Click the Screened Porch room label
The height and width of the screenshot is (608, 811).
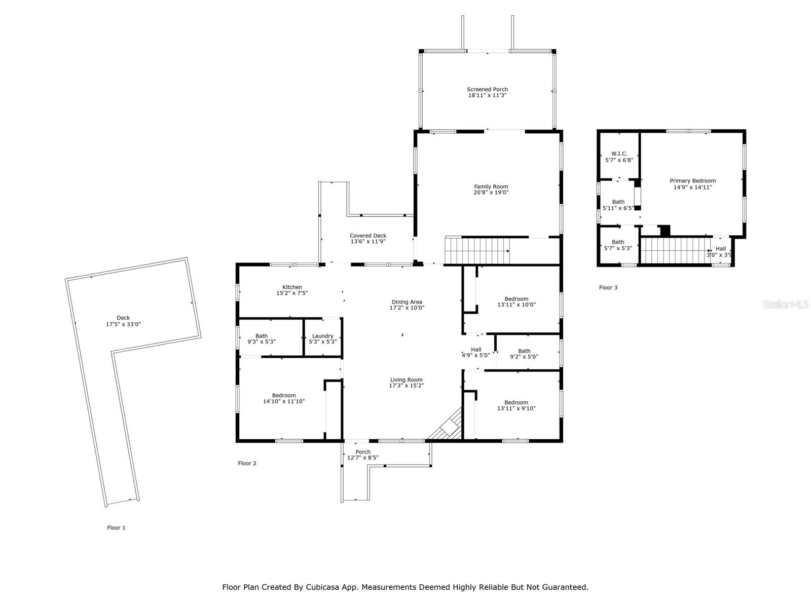click(x=487, y=89)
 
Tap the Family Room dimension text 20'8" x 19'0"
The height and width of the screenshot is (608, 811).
click(x=491, y=193)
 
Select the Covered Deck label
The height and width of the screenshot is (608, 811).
click(x=368, y=236)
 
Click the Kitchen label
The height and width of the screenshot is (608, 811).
click(x=292, y=287)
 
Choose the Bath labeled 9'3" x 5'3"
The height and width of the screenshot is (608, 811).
click(x=262, y=339)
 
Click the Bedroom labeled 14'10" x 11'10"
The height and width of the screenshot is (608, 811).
click(x=284, y=398)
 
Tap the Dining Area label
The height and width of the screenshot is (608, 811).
click(x=407, y=302)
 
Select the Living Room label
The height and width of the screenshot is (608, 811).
click(x=406, y=380)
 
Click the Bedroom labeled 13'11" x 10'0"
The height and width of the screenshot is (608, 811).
click(x=516, y=302)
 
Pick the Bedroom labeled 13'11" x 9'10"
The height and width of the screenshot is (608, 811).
click(x=516, y=405)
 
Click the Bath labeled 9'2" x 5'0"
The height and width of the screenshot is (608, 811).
click(x=524, y=354)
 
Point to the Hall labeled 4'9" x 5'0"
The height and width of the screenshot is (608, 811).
click(x=475, y=353)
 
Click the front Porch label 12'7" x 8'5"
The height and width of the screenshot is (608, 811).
click(x=363, y=455)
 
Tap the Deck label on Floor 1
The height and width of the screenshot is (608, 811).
click(x=123, y=318)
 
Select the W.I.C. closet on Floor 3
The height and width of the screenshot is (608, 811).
click(x=619, y=154)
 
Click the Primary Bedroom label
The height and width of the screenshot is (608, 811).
click(x=692, y=181)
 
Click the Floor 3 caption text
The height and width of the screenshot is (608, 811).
click(x=608, y=288)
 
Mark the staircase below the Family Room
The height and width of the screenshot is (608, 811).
click(x=476, y=250)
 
